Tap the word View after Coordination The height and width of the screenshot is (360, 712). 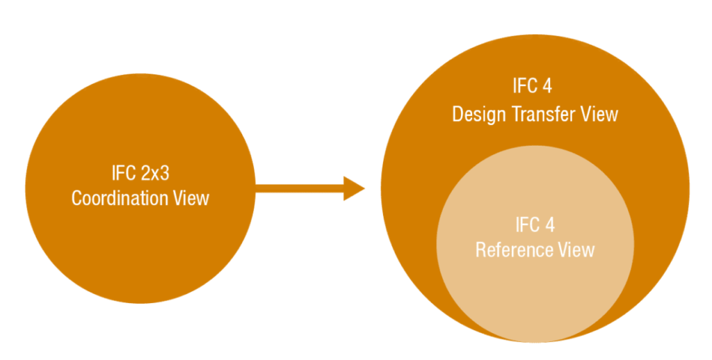[191, 198]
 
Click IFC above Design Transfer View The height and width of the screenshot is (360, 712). [524, 87]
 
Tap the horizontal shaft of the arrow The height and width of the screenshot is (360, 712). [299, 187]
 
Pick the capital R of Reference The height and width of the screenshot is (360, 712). [480, 249]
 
